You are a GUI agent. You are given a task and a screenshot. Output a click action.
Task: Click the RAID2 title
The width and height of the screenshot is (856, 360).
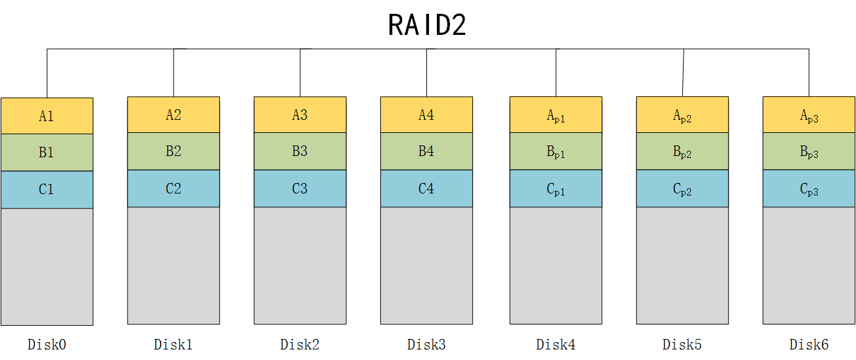tap(427, 25)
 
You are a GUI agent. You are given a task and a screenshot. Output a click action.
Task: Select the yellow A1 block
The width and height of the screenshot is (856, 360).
tap(47, 116)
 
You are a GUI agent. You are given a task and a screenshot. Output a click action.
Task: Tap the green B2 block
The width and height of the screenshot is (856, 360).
tap(173, 151)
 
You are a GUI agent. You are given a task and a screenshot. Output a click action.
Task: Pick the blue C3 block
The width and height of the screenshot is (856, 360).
tap(300, 189)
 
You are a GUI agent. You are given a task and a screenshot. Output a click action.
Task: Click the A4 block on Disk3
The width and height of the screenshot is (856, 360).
tap(426, 115)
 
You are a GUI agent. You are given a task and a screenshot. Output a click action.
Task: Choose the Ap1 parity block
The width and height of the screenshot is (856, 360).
tap(555, 115)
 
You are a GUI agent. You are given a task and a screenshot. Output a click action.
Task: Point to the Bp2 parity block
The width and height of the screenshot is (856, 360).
tap(682, 152)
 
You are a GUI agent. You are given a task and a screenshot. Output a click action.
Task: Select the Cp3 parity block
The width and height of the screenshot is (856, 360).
tap(809, 189)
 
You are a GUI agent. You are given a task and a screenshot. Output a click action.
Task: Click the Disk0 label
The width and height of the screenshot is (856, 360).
tap(47, 344)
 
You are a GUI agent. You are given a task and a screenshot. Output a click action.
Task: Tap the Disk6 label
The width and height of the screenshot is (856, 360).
tap(809, 344)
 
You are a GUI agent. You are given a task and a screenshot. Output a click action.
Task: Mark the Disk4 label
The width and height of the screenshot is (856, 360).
tap(555, 344)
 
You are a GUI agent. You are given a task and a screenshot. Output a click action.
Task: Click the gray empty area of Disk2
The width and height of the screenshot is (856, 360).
tap(300, 265)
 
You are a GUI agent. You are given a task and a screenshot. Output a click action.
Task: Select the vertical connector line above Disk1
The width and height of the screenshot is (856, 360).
tap(174, 72)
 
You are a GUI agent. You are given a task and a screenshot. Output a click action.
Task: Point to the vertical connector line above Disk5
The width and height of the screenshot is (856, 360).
tap(683, 72)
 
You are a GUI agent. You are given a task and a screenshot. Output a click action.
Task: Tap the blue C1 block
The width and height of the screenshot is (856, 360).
tap(47, 190)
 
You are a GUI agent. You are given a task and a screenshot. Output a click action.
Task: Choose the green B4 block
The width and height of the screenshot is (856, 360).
tap(426, 151)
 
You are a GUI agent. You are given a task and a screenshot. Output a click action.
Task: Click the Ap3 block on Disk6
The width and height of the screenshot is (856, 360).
tap(809, 115)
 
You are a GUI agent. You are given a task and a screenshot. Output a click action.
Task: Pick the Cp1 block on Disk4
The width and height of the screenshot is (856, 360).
tap(555, 189)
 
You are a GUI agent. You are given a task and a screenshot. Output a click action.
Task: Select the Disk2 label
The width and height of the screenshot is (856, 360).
tap(300, 344)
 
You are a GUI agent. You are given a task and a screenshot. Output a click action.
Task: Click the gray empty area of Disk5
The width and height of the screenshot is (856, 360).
tap(682, 265)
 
